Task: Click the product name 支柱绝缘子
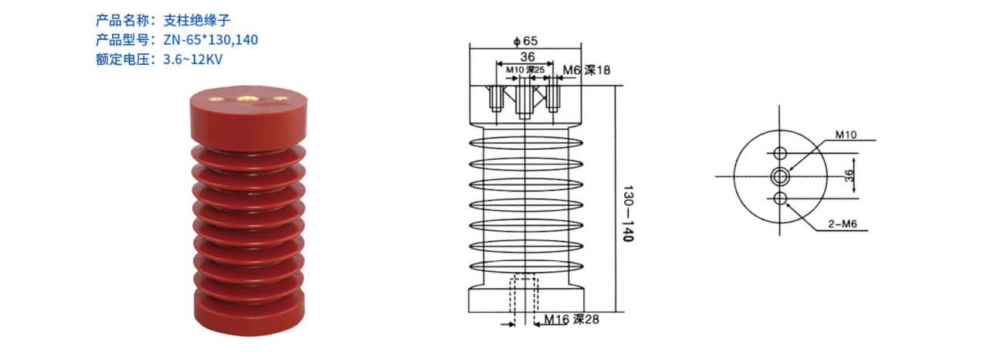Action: click(197, 20)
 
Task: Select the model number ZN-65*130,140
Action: click(211, 40)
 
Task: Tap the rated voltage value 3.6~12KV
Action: click(193, 59)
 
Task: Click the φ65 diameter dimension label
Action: click(525, 41)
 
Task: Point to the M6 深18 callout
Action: click(586, 70)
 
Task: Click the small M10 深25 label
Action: click(525, 70)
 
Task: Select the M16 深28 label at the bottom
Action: click(572, 319)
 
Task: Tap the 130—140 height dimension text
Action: click(629, 213)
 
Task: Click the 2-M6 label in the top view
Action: click(842, 224)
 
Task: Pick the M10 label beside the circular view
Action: click(846, 134)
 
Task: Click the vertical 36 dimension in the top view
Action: click(849, 175)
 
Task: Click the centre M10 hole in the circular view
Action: click(780, 176)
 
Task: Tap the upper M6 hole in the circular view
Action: click(780, 153)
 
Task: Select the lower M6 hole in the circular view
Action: click(780, 199)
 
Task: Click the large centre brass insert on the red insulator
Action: click(246, 98)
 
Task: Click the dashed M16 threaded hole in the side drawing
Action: click(524, 301)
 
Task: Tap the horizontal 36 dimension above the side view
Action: click(527, 57)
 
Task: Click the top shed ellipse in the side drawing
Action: click(526, 143)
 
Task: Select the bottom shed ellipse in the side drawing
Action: click(526, 267)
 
